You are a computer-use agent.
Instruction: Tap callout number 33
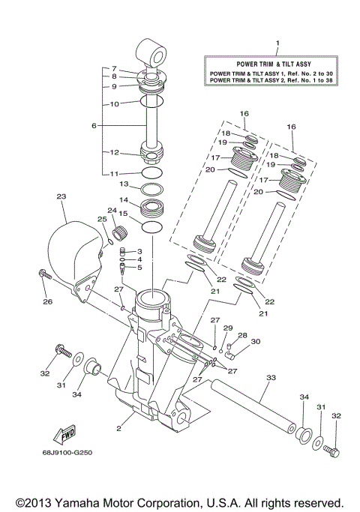(x=270, y=379)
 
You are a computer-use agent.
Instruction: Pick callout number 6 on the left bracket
(x=94, y=125)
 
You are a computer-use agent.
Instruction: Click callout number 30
(x=255, y=341)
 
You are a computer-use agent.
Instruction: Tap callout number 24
(x=112, y=211)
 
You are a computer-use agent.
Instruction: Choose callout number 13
(x=125, y=184)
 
